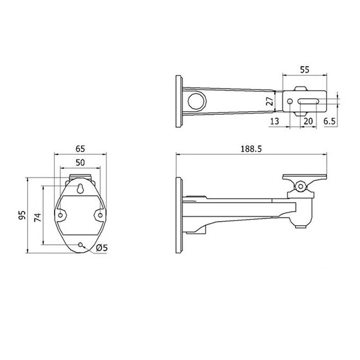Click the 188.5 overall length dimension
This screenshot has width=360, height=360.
(x=251, y=149)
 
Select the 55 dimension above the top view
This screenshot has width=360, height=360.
(x=305, y=70)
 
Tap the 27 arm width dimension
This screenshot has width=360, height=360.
(x=270, y=100)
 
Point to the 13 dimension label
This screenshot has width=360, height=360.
(x=274, y=121)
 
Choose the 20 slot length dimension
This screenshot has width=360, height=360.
(x=308, y=121)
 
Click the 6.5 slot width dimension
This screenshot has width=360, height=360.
(x=330, y=121)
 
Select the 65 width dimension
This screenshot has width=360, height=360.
(x=80, y=149)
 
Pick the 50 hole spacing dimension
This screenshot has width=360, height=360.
(x=80, y=162)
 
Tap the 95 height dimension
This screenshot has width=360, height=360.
(x=22, y=215)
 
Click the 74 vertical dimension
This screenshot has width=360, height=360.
(x=38, y=217)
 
